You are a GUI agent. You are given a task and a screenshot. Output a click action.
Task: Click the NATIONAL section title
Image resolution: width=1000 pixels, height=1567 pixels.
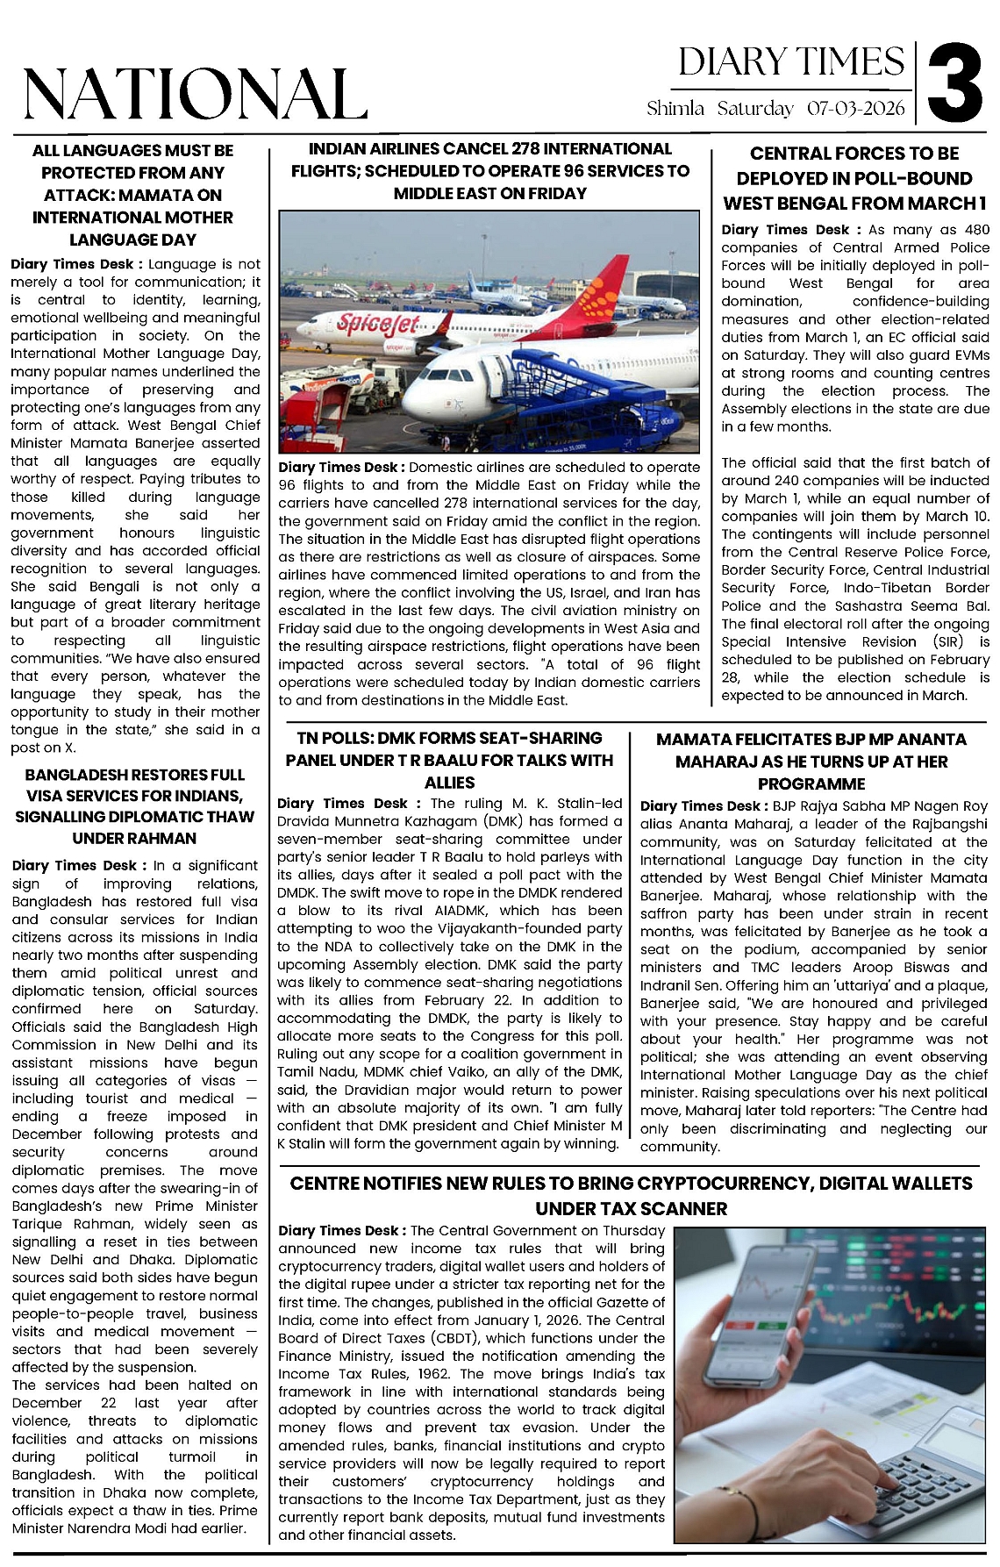(x=195, y=94)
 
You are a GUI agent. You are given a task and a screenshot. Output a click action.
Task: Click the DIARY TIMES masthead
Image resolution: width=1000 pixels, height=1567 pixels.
(x=790, y=62)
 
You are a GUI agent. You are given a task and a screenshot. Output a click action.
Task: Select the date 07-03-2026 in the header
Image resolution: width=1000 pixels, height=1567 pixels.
(x=855, y=109)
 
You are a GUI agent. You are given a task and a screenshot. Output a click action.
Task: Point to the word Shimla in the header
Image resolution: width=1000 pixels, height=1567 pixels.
(x=675, y=109)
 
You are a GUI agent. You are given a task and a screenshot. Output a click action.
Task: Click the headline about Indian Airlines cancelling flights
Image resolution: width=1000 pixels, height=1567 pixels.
(x=490, y=171)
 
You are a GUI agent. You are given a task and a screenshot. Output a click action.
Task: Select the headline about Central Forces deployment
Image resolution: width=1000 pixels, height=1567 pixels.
(x=854, y=178)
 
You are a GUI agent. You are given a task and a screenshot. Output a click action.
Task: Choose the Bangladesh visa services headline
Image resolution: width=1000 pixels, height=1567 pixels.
(x=134, y=806)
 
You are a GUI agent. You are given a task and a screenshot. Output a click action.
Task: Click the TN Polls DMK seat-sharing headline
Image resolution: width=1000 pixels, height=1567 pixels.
(x=449, y=760)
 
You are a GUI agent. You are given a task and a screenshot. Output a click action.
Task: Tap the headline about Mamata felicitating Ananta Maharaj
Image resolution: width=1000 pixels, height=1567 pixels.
(x=811, y=762)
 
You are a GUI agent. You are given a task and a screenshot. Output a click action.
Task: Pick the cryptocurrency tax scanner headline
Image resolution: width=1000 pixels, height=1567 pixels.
(x=631, y=1196)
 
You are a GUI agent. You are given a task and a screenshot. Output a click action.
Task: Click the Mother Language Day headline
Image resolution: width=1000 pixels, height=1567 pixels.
(x=133, y=195)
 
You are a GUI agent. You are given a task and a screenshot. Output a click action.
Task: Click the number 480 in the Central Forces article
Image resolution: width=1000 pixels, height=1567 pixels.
(x=975, y=230)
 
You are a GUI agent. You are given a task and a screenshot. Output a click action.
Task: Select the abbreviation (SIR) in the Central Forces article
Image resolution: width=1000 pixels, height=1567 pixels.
(x=947, y=641)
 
